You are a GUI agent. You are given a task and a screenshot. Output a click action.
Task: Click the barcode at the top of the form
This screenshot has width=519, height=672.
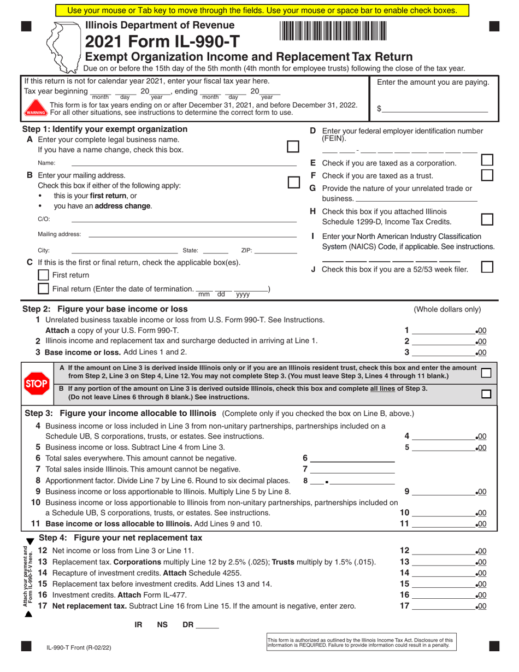tap(333, 31)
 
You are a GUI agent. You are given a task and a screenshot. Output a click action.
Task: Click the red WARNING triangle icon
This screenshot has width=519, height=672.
tap(36, 109)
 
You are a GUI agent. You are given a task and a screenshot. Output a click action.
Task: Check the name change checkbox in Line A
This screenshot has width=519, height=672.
tap(293, 146)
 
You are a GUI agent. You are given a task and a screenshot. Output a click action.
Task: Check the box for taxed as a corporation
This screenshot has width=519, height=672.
tap(486, 160)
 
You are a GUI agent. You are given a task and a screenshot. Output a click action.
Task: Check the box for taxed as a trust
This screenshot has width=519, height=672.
tap(486, 175)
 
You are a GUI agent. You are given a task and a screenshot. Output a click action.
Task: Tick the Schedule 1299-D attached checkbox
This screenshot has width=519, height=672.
tap(486, 219)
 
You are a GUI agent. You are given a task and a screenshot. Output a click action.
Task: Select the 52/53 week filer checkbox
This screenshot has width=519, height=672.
tap(486, 267)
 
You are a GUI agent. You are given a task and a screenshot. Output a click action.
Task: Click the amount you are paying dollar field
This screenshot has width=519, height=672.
tap(435, 109)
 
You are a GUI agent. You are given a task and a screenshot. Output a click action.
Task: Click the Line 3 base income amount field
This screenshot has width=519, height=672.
tap(444, 352)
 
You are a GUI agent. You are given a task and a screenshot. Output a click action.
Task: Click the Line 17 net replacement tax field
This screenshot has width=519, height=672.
tap(444, 606)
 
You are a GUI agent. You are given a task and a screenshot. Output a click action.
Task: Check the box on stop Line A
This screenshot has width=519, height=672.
tap(486, 373)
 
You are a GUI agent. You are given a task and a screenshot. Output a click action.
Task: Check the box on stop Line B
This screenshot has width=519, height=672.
tap(486, 393)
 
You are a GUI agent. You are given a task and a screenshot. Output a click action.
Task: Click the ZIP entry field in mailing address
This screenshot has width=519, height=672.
tap(275, 250)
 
